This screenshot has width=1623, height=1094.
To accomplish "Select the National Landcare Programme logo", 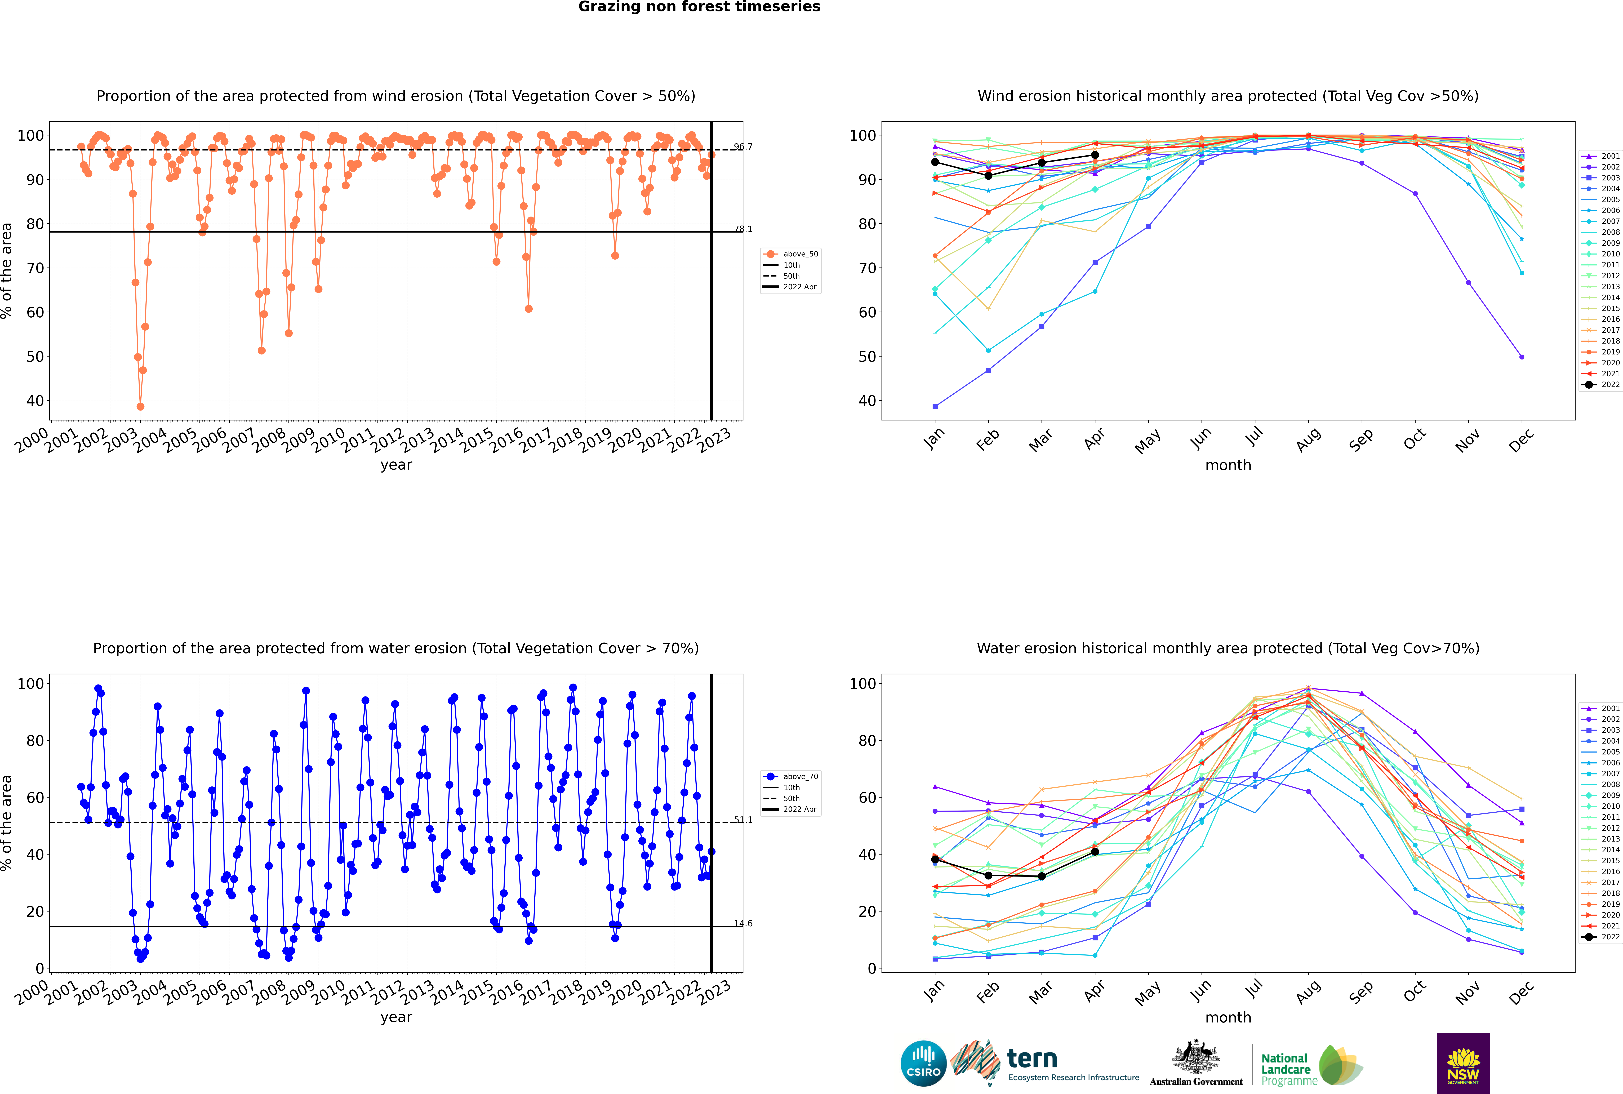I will tap(1312, 1065).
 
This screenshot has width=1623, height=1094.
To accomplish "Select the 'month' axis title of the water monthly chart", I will tap(1228, 1017).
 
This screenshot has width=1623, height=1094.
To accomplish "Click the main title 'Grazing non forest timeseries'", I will tap(699, 7).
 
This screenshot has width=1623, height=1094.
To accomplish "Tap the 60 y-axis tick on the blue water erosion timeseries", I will tap(35, 798).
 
